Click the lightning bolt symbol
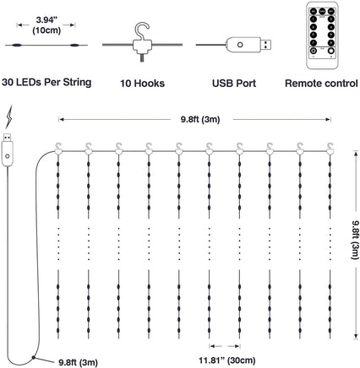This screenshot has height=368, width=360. pos(9,117)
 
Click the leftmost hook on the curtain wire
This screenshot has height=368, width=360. pos(61,145)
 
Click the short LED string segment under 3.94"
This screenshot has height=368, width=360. pos(45,47)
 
